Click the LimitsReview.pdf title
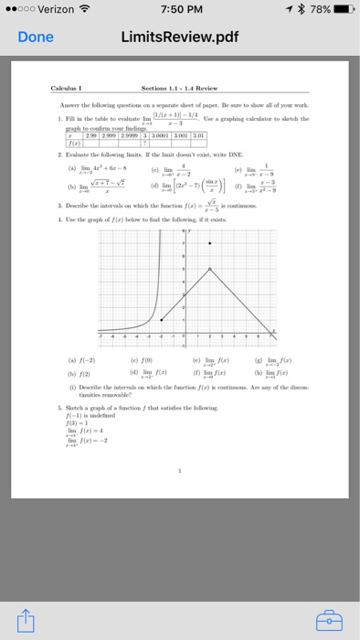[180, 38]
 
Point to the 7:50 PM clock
[180, 10]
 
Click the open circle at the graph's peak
[211, 268]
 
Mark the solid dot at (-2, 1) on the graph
[161, 319]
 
